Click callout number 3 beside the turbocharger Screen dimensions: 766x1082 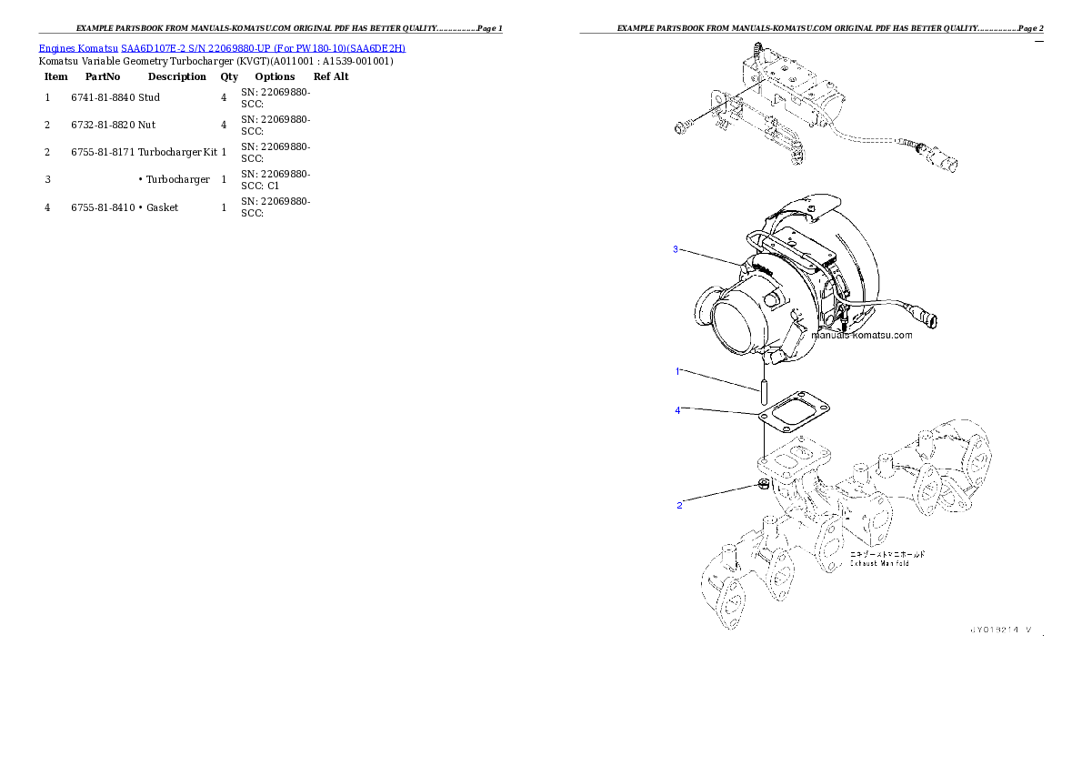pos(676,249)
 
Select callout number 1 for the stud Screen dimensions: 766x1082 pos(677,371)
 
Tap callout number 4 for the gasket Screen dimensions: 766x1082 pos(677,410)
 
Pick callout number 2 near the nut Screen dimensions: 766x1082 pos(679,505)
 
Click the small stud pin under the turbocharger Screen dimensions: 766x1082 pos(766,397)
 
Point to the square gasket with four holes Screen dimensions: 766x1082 pos(794,418)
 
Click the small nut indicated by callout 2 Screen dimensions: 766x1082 pos(764,483)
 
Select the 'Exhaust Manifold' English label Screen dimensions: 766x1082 pos(879,563)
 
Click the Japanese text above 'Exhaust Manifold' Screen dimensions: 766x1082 pos(887,553)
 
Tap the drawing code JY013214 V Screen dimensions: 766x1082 pos(999,629)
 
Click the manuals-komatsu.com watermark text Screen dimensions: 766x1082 pos(861,335)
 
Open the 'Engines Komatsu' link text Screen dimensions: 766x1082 pos(78,47)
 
